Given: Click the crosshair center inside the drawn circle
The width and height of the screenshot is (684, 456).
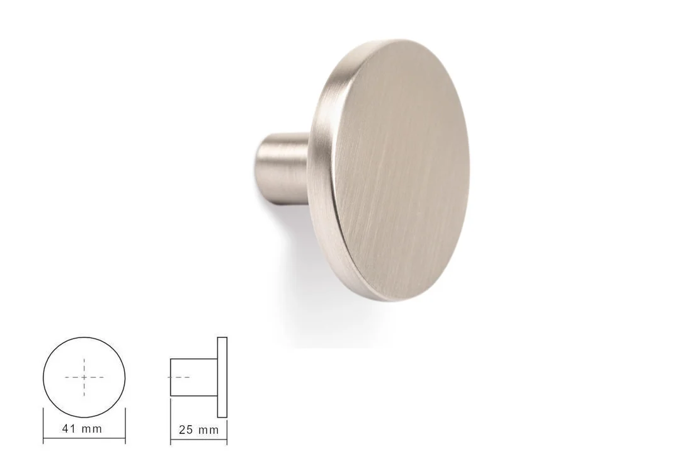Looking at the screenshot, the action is (84, 377).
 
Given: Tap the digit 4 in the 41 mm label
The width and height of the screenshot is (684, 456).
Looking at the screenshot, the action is (66, 428).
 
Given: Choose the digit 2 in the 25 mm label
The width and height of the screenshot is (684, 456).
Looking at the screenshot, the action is (183, 430).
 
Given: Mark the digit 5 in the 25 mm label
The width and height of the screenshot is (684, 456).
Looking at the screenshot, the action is (190, 430).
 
